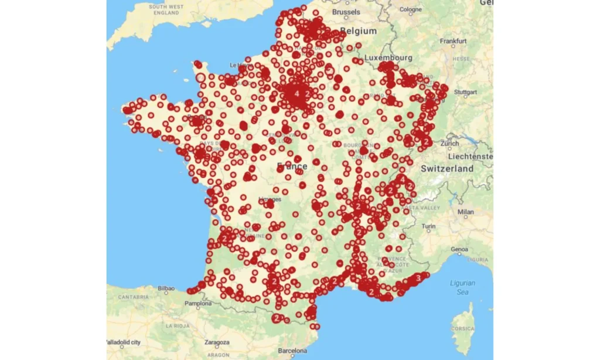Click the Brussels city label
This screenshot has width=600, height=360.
point(346,12)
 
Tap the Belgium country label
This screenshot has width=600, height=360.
point(358,30)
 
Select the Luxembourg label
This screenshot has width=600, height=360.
point(388,58)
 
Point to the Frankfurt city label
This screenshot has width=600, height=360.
point(454,42)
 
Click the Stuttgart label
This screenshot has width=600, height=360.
point(466,92)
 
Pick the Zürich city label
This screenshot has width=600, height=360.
point(450,143)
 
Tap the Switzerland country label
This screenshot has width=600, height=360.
point(447,168)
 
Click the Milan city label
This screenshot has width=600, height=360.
point(466,212)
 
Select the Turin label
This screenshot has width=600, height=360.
point(429,226)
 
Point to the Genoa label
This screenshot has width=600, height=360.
point(459,249)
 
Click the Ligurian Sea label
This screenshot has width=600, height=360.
point(462,287)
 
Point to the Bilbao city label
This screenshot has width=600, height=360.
point(166,288)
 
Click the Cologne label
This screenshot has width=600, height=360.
point(411,9)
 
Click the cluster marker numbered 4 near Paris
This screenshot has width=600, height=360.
point(296,93)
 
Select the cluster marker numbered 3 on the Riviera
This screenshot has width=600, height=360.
point(418,277)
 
